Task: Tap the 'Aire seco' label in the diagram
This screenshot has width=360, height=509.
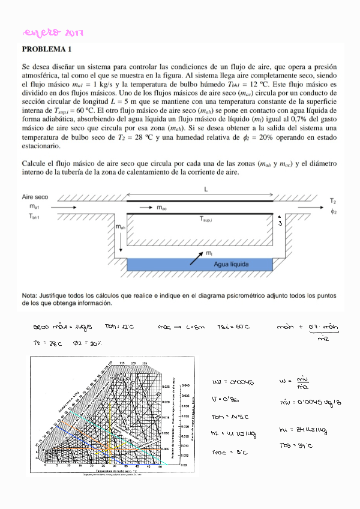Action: [35, 196]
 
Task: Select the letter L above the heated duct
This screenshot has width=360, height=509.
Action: [206, 189]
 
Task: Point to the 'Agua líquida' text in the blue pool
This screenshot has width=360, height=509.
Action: [230, 264]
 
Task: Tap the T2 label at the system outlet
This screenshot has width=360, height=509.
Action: [333, 201]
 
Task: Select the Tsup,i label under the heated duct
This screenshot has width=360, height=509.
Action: [209, 220]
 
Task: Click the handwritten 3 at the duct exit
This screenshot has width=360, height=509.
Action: [280, 223]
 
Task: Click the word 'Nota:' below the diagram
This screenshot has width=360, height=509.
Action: [30, 296]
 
